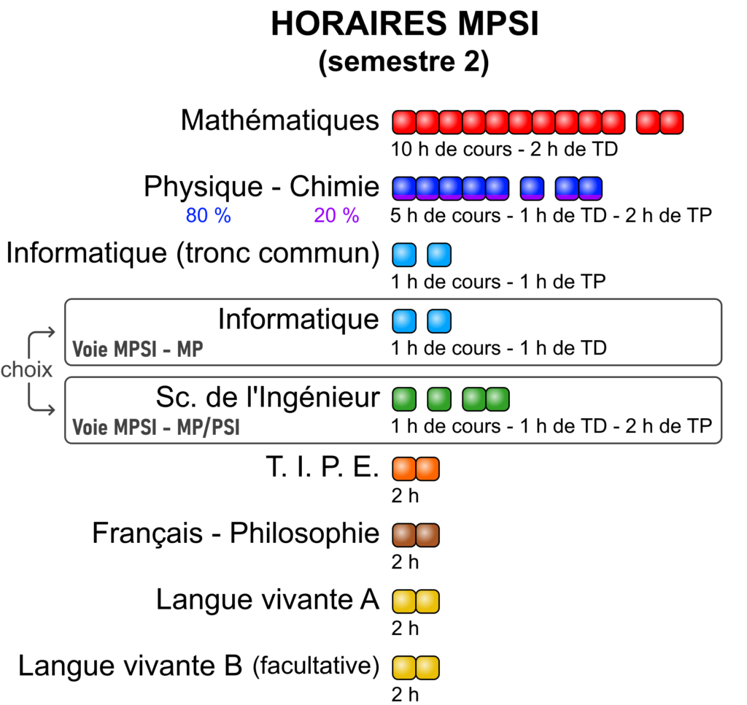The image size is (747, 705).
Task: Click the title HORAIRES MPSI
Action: [x=404, y=23]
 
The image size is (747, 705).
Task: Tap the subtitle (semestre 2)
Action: [x=403, y=61]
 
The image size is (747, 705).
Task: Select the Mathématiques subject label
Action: [x=279, y=120]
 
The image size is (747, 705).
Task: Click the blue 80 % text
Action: [x=208, y=215]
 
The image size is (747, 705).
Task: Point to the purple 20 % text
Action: [x=336, y=215]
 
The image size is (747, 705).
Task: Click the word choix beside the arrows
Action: [x=26, y=369]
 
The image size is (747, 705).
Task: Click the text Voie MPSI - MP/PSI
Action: [x=156, y=427]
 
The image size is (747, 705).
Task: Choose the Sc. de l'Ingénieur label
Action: [x=268, y=397]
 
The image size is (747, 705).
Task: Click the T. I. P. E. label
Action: [x=322, y=466]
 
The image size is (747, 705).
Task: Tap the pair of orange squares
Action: [x=415, y=469]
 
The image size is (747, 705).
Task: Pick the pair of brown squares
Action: [x=415, y=535]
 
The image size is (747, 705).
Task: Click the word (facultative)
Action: [x=316, y=666]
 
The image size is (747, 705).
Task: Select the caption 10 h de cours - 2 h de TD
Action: [x=504, y=149]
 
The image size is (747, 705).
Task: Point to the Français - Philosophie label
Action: [x=236, y=533]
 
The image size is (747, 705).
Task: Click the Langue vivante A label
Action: [x=268, y=599]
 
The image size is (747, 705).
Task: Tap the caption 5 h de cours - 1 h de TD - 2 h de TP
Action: [x=551, y=215]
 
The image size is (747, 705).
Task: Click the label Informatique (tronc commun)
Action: [x=193, y=253]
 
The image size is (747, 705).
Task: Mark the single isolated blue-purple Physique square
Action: [x=532, y=188]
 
